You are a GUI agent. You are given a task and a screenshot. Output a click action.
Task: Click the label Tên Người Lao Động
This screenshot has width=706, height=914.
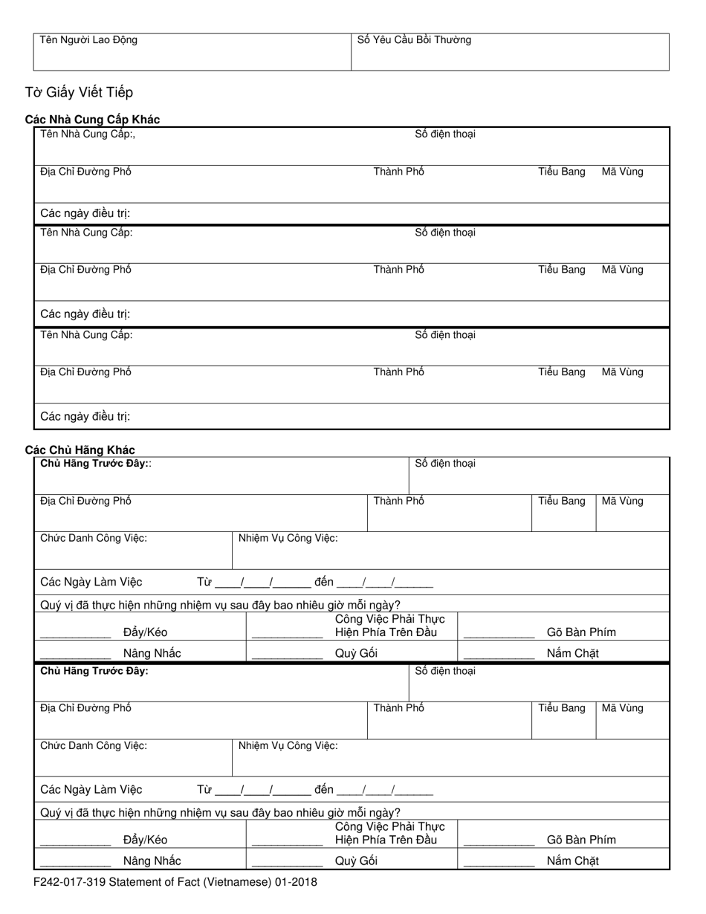(88, 40)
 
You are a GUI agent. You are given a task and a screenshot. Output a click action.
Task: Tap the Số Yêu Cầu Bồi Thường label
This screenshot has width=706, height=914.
(414, 40)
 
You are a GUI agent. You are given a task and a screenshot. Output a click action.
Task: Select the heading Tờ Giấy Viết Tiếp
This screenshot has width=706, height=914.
(79, 92)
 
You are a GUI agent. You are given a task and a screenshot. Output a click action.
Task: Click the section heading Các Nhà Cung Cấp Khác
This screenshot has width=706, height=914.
(92, 120)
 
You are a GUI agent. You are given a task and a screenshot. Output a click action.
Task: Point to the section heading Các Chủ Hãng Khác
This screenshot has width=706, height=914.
(80, 450)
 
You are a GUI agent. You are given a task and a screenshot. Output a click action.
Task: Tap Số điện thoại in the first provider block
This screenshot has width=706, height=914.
(444, 134)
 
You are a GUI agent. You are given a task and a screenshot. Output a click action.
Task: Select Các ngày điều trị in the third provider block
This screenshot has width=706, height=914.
(85, 416)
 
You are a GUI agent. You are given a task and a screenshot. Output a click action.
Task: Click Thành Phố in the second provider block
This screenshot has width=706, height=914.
(399, 270)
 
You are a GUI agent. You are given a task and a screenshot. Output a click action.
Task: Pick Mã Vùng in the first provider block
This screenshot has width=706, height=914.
(622, 172)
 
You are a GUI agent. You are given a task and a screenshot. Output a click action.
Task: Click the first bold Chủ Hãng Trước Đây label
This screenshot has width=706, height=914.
(94, 464)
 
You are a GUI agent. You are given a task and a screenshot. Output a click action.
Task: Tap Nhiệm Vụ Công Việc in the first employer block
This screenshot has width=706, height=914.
(288, 538)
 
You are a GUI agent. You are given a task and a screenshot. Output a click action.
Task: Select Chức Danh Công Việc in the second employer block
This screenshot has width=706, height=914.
(94, 745)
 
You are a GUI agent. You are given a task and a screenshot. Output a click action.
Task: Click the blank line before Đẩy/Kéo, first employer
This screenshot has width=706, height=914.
(75, 636)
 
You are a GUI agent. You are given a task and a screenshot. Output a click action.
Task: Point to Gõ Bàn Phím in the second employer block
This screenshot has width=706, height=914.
(581, 840)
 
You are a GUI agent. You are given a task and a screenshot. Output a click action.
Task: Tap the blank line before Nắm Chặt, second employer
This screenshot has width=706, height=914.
(499, 864)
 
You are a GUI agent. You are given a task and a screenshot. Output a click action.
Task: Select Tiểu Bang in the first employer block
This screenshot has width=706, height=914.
(562, 501)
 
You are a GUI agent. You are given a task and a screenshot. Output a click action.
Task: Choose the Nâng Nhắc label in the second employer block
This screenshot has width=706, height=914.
(152, 860)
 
